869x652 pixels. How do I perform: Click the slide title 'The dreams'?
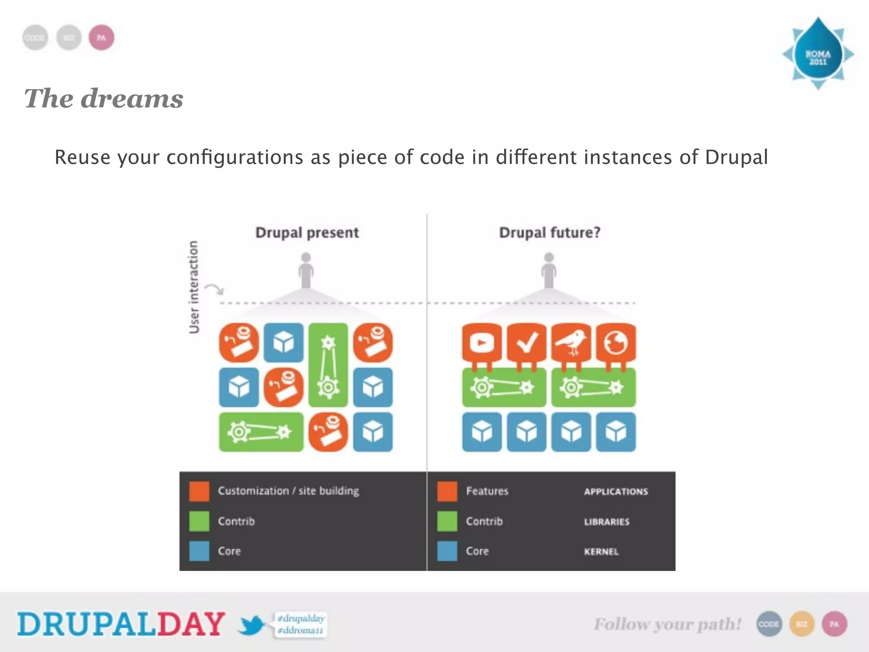click(x=104, y=98)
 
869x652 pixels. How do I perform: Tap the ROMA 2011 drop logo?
click(x=818, y=54)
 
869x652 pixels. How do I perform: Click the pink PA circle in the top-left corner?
click(x=101, y=38)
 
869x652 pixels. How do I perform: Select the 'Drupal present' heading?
click(x=307, y=233)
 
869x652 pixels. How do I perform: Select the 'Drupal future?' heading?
click(x=549, y=233)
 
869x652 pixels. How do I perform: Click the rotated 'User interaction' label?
click(x=193, y=287)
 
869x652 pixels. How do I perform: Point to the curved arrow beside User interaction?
click(x=215, y=289)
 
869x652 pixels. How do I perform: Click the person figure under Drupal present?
click(x=306, y=270)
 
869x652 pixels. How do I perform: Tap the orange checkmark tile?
click(x=526, y=343)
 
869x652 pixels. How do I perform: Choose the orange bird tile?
click(x=571, y=343)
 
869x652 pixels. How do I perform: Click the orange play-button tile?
click(x=482, y=343)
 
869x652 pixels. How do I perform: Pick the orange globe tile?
click(x=616, y=343)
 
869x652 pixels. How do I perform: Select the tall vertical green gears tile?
click(x=328, y=365)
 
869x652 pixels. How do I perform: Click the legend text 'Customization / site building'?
click(x=288, y=491)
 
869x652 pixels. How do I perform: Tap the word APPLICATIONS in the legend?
click(x=616, y=492)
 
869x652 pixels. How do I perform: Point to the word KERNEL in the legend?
click(x=601, y=552)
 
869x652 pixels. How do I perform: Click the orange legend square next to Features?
click(x=447, y=491)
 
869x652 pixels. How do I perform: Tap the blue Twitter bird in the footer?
click(x=251, y=625)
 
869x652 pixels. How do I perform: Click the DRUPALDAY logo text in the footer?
click(x=121, y=624)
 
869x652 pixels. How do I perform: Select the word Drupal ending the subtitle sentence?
click(x=736, y=157)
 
